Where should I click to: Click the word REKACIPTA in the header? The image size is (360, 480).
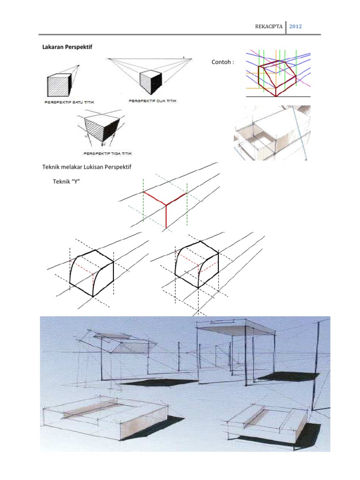(x=269, y=27)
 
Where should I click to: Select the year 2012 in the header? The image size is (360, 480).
(x=295, y=27)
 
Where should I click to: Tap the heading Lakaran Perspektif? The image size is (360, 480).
(x=67, y=47)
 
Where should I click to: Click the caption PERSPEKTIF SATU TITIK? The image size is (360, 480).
(x=69, y=102)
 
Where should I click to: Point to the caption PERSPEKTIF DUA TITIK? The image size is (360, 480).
(x=152, y=101)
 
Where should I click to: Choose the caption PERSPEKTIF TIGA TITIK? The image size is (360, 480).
(x=107, y=153)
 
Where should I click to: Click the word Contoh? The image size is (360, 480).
(x=221, y=62)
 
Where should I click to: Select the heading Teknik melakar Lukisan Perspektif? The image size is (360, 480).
(x=87, y=167)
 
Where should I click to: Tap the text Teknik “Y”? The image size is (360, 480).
(x=67, y=181)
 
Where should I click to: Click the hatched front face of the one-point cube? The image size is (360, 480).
(x=58, y=86)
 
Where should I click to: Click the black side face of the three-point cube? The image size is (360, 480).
(x=111, y=131)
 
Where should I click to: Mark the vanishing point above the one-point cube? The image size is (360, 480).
(x=78, y=65)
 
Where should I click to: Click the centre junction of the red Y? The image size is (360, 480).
(x=166, y=205)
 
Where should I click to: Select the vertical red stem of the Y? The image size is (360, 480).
(x=166, y=217)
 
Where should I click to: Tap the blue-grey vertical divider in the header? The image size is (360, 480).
(x=286, y=27)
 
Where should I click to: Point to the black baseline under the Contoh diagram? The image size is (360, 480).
(x=278, y=97)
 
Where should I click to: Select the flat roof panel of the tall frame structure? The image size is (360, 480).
(x=236, y=330)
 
